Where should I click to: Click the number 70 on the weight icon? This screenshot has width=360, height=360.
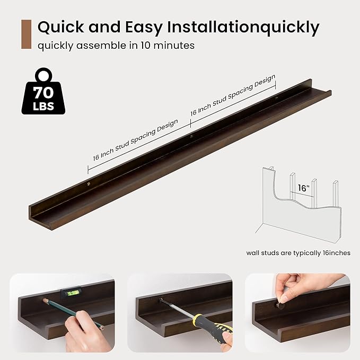point(43,93)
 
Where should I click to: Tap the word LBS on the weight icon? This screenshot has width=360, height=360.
point(43,106)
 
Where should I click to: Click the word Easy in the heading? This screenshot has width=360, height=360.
point(144,27)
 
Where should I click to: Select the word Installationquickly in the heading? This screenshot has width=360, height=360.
point(243,28)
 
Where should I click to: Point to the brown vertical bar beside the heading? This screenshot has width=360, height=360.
point(26,34)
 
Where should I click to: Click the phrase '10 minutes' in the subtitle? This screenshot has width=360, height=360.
point(168,45)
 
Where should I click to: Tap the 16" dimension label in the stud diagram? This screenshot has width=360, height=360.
point(303,188)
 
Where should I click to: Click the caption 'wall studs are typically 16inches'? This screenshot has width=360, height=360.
point(298,253)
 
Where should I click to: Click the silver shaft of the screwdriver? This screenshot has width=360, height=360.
point(177,309)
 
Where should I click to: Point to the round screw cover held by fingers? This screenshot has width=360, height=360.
point(279,305)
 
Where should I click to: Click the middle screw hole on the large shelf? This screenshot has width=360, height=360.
point(191,137)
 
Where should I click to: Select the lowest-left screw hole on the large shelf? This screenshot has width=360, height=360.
point(89,183)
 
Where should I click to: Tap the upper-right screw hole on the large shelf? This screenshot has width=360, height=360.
point(277,99)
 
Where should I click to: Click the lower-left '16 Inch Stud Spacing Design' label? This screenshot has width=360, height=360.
point(135,140)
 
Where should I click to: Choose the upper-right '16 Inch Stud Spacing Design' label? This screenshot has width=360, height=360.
point(233,95)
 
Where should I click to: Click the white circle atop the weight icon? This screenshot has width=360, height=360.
point(43,75)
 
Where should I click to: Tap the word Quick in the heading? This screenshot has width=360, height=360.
point(62,27)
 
